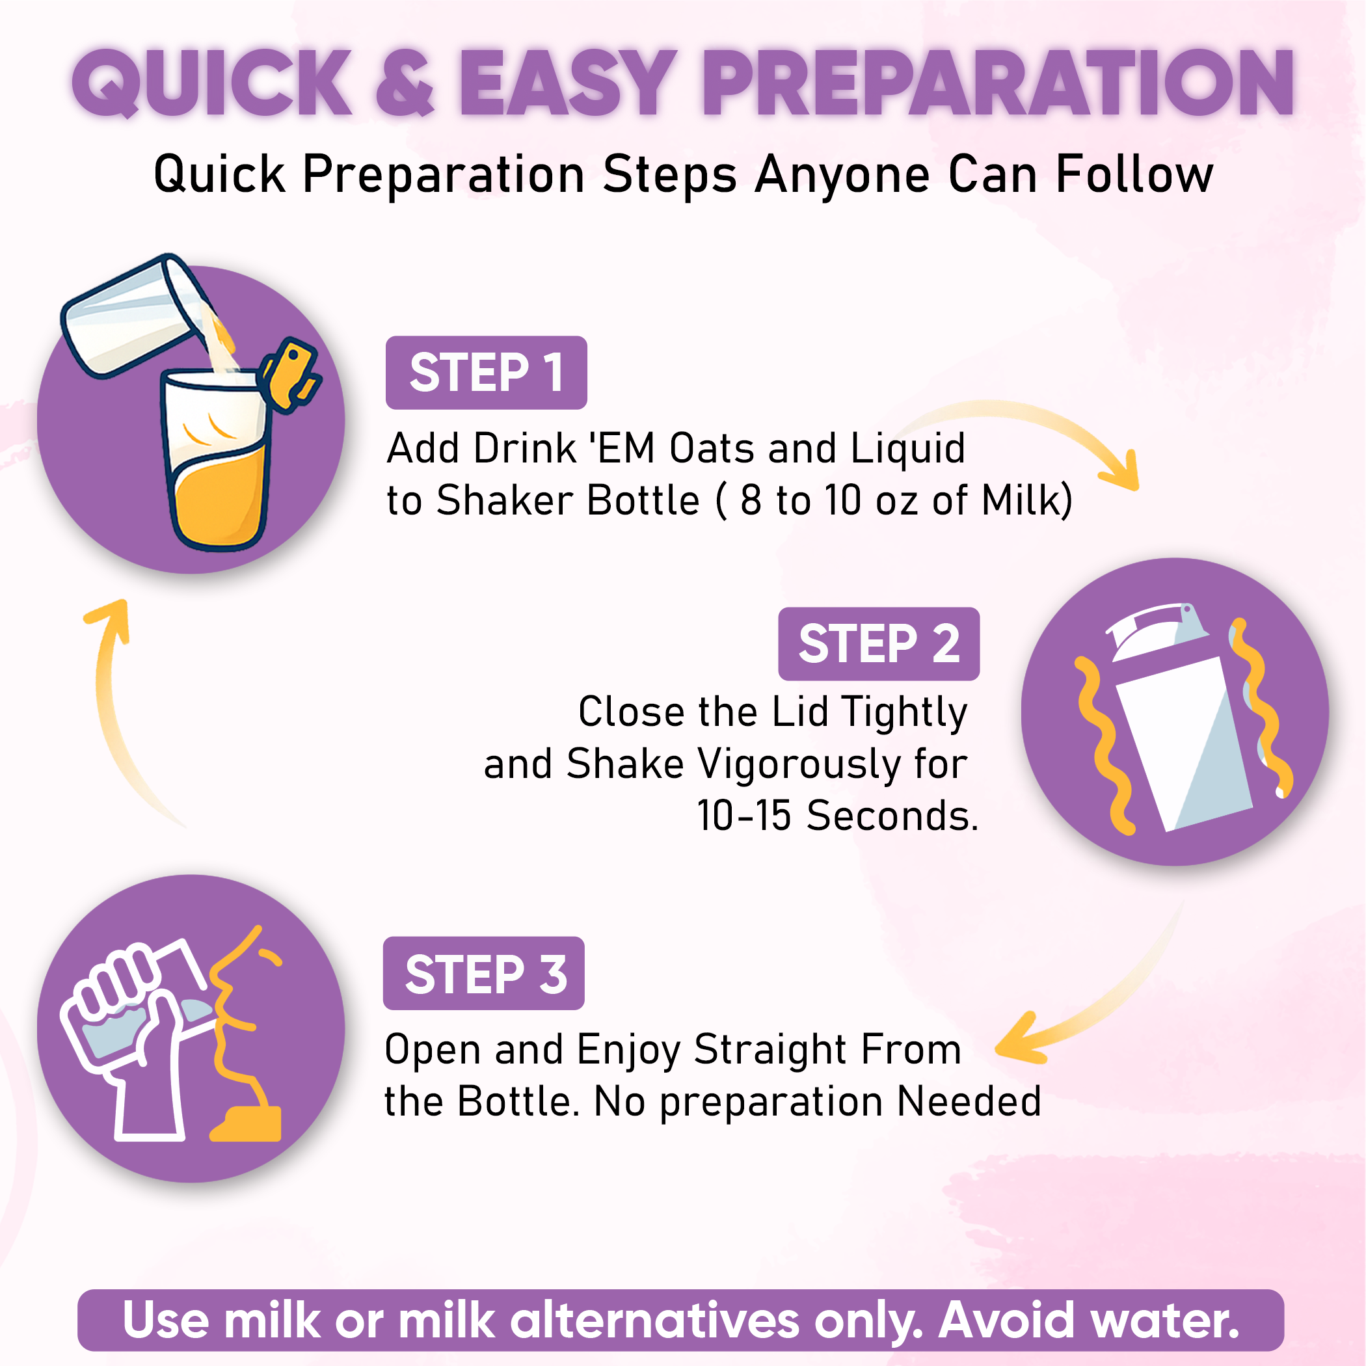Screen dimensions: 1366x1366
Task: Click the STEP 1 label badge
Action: point(486,373)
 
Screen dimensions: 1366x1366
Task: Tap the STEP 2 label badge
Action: point(879,643)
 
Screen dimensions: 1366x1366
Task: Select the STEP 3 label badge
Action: point(483,973)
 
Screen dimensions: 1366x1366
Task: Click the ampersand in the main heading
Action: point(405,83)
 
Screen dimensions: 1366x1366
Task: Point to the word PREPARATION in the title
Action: point(998,83)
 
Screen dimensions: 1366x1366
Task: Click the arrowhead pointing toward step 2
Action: point(1122,471)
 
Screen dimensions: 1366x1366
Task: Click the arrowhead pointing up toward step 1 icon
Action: point(107,621)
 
